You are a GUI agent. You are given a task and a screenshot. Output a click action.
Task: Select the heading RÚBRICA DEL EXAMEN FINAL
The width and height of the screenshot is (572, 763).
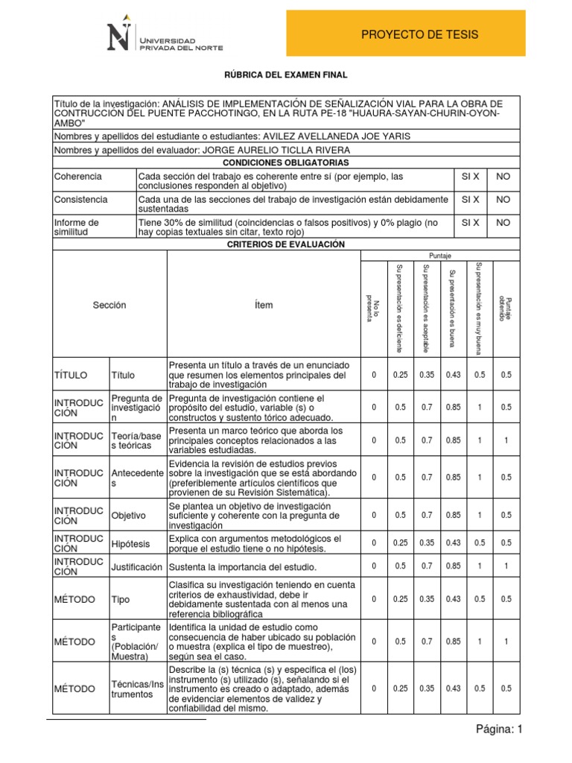pos(286,75)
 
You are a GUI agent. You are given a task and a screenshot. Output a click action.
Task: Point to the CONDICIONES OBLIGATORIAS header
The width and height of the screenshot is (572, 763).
pos(286,162)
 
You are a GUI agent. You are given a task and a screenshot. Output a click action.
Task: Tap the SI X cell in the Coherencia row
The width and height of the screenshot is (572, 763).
pos(470,177)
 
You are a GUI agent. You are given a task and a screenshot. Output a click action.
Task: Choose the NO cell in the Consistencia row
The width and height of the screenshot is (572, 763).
pos(503,200)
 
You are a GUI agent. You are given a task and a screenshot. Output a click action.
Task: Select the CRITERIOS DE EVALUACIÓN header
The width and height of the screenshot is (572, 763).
pos(286,244)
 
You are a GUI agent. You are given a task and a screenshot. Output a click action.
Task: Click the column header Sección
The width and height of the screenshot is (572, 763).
pos(109,305)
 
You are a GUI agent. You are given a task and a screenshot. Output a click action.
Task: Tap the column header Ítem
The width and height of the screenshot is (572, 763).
pos(263,305)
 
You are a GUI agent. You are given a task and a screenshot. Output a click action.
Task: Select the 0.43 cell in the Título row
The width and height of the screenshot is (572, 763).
pos(452,375)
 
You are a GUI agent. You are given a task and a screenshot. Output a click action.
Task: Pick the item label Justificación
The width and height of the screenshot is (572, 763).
pos(137,567)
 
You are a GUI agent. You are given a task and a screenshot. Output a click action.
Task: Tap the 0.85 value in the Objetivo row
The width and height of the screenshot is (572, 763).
pos(452,515)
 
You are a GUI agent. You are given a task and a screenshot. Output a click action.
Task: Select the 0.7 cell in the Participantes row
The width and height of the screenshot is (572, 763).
pos(426,642)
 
